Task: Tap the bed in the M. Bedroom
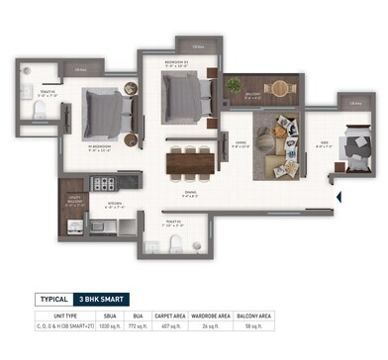[x=103, y=111]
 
